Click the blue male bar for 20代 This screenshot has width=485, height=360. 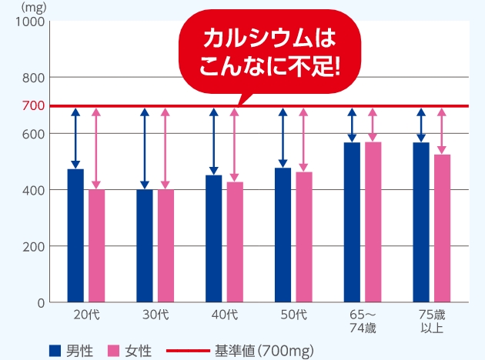[x=75, y=235]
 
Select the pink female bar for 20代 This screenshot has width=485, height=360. [x=96, y=245]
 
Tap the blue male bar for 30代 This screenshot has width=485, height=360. [x=145, y=245]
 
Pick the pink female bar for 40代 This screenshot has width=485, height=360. [x=234, y=242]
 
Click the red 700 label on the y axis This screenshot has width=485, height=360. [x=33, y=105]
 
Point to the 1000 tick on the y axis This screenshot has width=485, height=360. [x=29, y=22]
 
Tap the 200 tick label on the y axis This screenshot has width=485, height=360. [x=33, y=246]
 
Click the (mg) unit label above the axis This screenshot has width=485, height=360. [x=32, y=7]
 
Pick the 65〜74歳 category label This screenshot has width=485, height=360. [x=363, y=322]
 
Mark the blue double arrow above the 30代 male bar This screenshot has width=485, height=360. [x=145, y=148]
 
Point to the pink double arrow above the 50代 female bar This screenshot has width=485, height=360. [x=303, y=139]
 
